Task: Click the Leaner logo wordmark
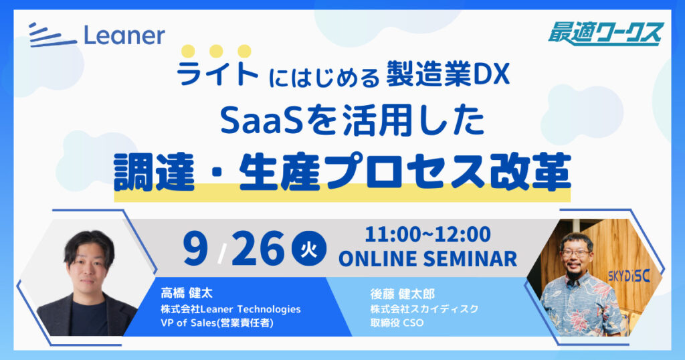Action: click(97, 35)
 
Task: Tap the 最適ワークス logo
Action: click(606, 35)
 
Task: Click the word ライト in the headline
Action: click(217, 73)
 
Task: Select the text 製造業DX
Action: click(448, 75)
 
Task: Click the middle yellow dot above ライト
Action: click(216, 51)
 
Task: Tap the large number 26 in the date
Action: click(258, 248)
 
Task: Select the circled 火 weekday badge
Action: click(309, 249)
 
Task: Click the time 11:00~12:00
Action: click(427, 234)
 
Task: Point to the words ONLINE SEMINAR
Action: click(427, 259)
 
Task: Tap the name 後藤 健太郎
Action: click(402, 294)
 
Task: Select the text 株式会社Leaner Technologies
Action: click(231, 309)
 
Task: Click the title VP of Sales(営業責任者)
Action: click(217, 323)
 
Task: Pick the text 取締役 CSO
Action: click(397, 323)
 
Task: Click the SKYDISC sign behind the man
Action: click(629, 276)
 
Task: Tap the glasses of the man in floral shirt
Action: click(576, 253)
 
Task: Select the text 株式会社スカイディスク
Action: click(424, 309)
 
